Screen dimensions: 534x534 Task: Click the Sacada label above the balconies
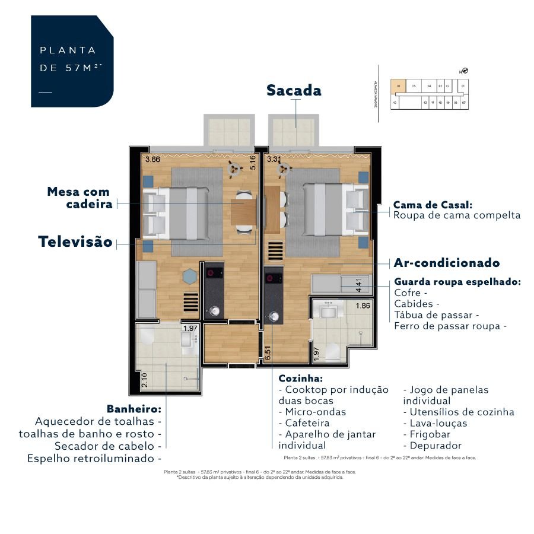pos(294,90)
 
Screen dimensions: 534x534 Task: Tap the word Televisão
pos(75,242)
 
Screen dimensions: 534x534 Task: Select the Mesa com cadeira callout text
pos(79,198)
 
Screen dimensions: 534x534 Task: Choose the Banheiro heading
pos(134,409)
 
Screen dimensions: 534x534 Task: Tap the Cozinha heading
pos(301,378)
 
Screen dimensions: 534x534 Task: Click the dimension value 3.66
pos(153,159)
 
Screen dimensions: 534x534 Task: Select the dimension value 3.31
pos(274,159)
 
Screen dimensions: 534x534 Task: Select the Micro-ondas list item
pos(313,412)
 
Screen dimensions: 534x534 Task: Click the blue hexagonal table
pos(189,276)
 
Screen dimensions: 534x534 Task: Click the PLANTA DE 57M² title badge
pos(72,61)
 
